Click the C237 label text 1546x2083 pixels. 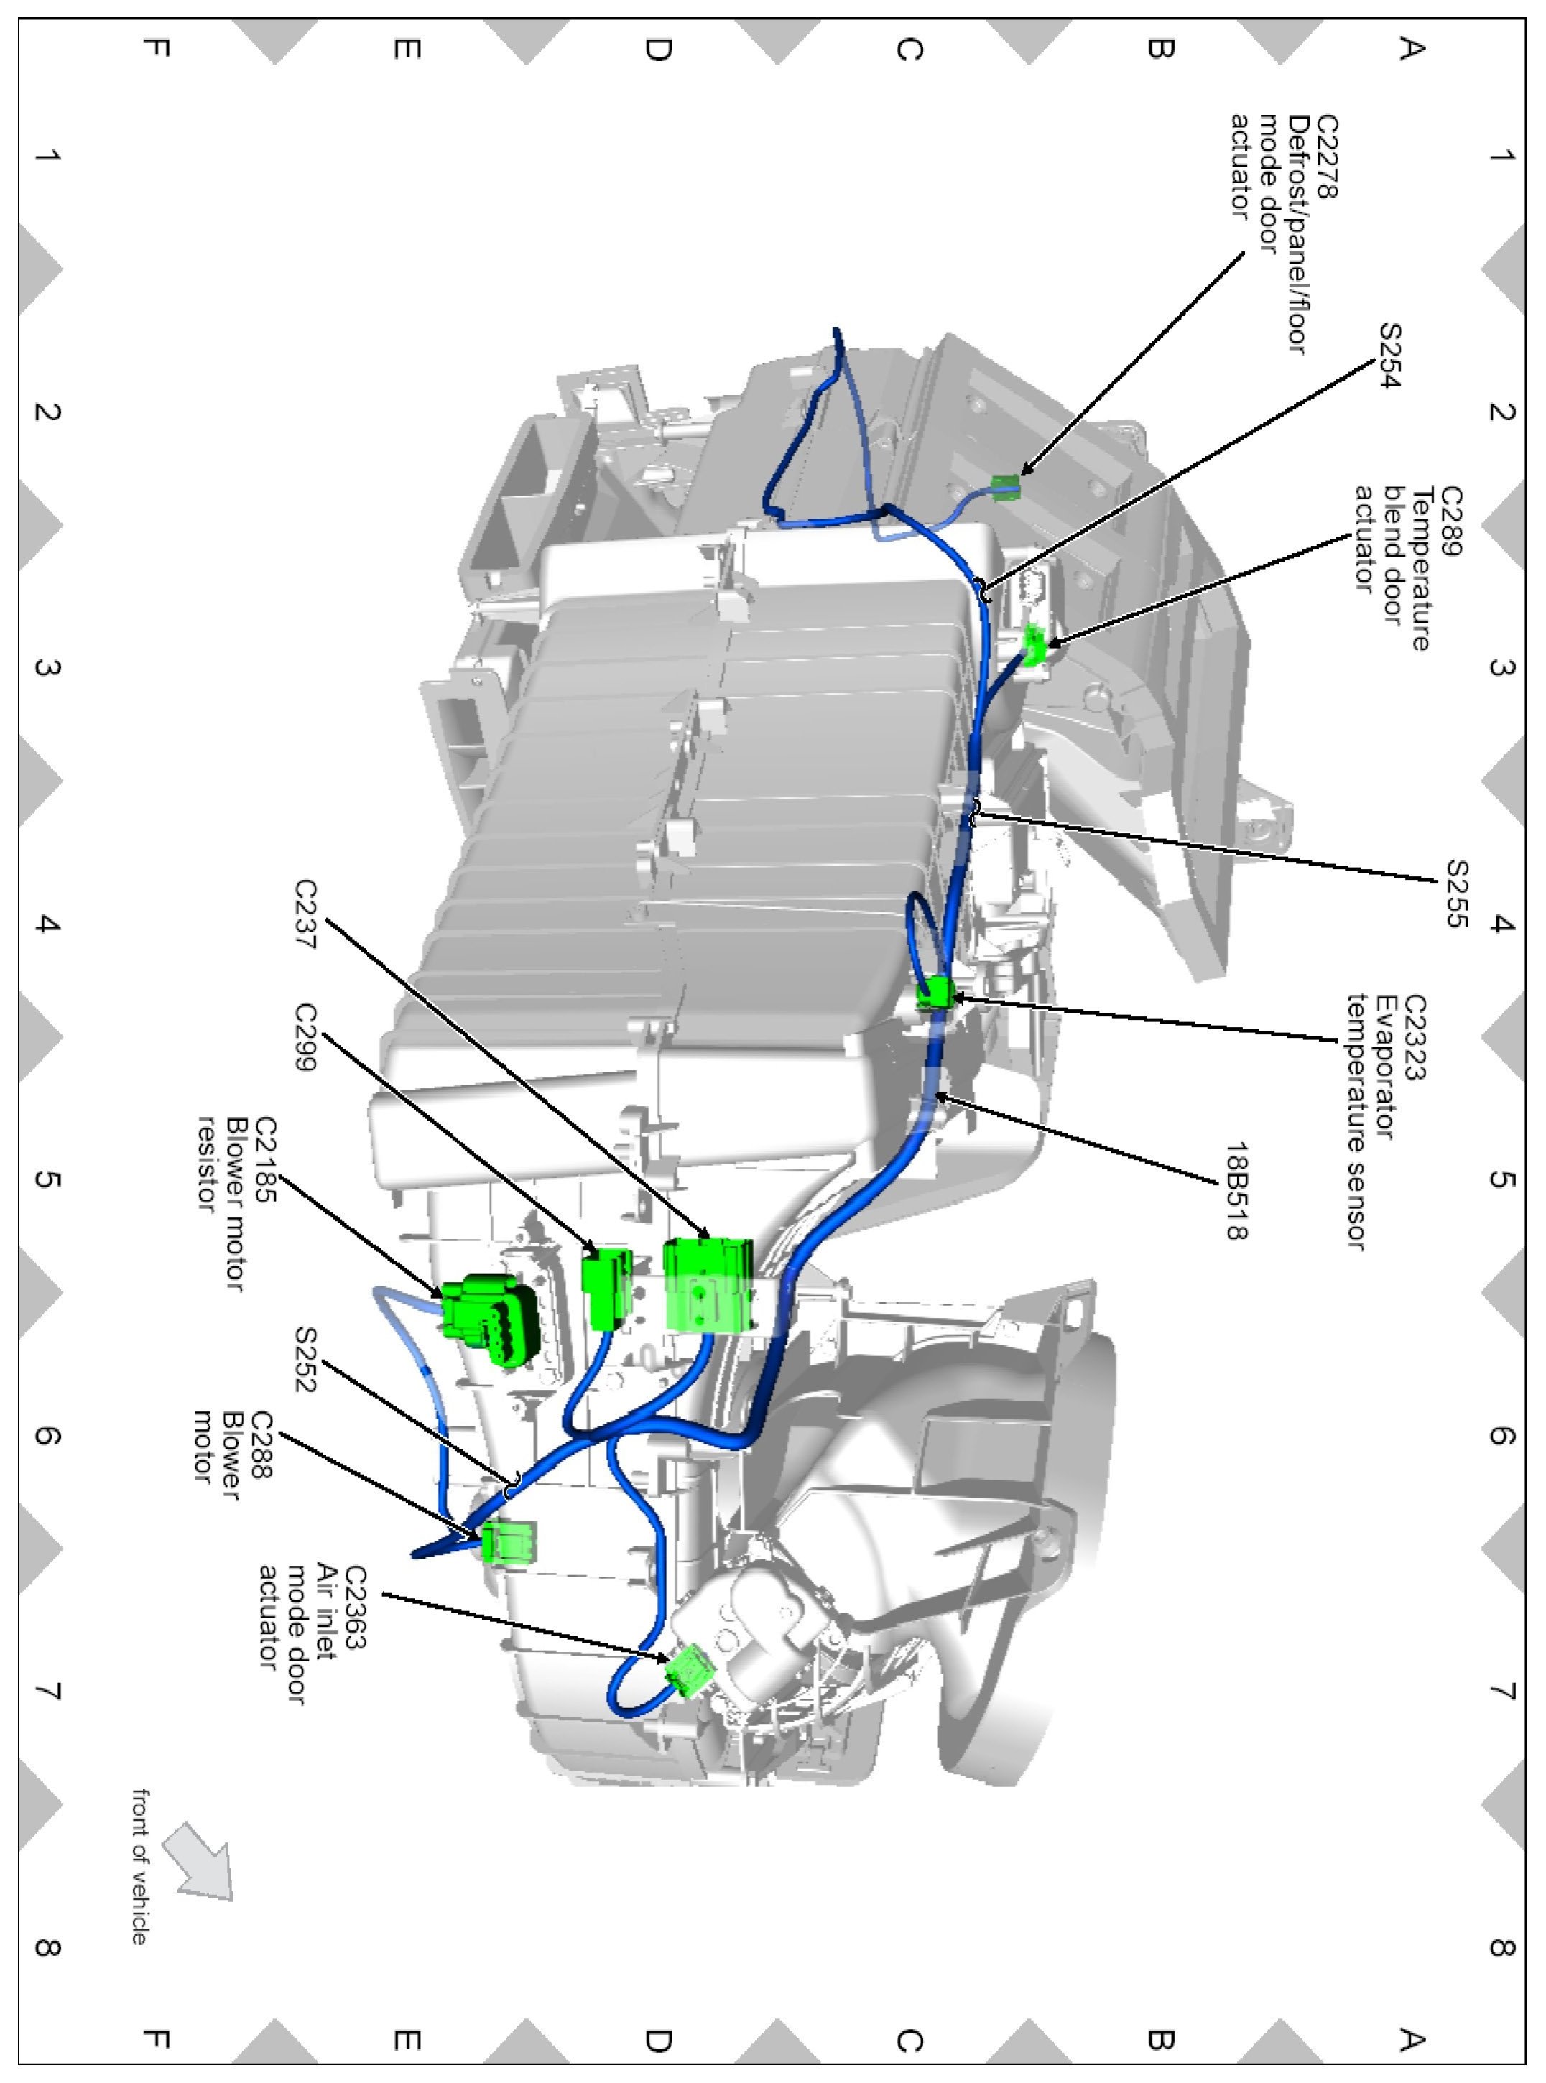(306, 914)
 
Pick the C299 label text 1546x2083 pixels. (306, 1039)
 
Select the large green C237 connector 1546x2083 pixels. (708, 1284)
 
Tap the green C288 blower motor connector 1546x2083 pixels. (509, 1542)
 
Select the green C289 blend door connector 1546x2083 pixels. (1035, 645)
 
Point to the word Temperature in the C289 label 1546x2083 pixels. (1420, 569)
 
